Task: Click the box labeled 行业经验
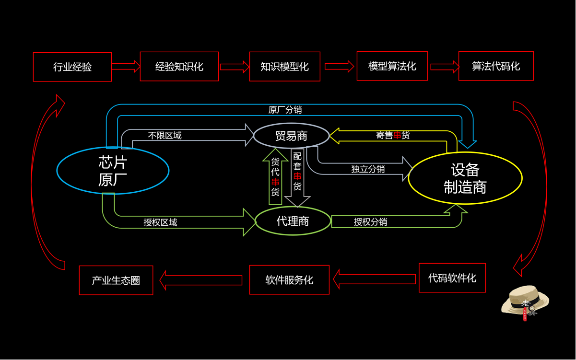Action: coord(72,67)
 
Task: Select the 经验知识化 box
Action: coord(179,66)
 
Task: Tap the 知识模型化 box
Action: coord(284,66)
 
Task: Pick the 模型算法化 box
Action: coord(392,66)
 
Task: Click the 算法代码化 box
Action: coord(496,66)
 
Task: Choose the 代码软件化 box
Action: coord(452,278)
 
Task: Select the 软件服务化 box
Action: coord(289,279)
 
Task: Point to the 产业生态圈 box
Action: coord(116,280)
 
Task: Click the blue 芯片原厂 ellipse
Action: coord(113,170)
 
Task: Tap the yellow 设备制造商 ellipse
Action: coord(465,178)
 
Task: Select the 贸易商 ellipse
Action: coord(291,136)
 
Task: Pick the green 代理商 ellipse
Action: coord(293,221)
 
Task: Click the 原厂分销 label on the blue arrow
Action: coord(285,110)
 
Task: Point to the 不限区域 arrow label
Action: coord(165,136)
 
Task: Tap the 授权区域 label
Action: coord(160,222)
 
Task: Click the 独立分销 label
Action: coord(368,169)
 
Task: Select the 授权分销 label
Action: coord(370,222)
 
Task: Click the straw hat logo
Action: coord(525,302)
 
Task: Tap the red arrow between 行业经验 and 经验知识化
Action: coord(126,66)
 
